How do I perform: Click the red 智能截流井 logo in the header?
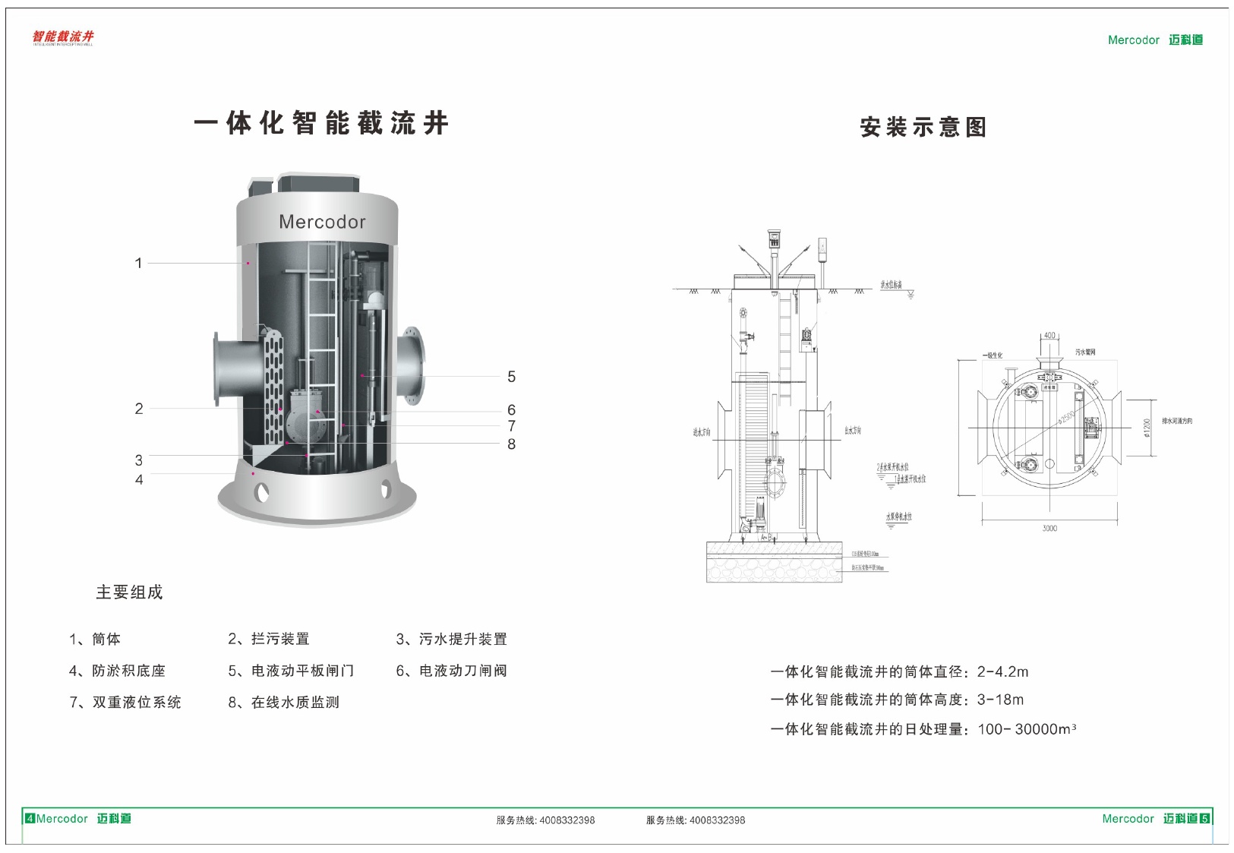63,37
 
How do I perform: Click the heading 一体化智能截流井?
321,123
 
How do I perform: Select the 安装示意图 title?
923,127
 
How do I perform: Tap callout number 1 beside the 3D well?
138,264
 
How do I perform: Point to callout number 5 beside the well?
511,377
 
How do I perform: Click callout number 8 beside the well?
511,444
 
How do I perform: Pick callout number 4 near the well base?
139,480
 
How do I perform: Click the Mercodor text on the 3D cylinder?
322,222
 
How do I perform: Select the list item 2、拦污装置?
269,640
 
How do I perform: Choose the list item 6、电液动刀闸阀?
451,671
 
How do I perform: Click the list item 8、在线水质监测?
283,703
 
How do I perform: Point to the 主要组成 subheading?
129,592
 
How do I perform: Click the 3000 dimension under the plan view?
1049,529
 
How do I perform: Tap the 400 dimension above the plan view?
1049,335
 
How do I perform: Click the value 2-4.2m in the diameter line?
1002,671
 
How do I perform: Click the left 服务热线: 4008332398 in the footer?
545,820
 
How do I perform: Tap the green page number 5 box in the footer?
1204,819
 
